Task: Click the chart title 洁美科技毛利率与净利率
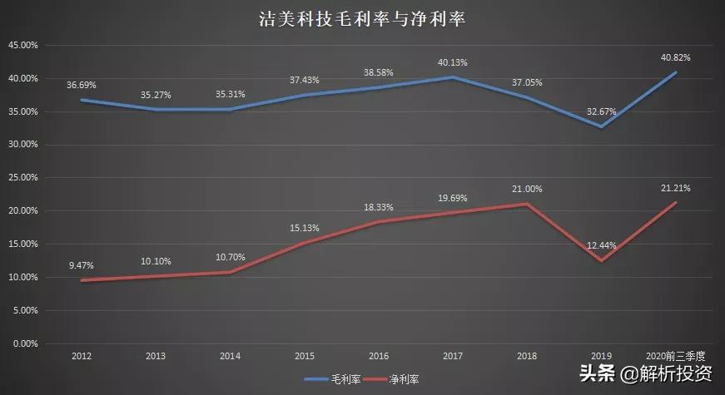point(361,19)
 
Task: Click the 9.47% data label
point(82,265)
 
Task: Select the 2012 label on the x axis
point(82,356)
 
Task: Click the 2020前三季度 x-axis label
point(675,356)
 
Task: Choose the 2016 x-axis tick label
point(378,356)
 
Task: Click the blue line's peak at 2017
point(452,77)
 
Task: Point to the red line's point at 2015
point(304,243)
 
